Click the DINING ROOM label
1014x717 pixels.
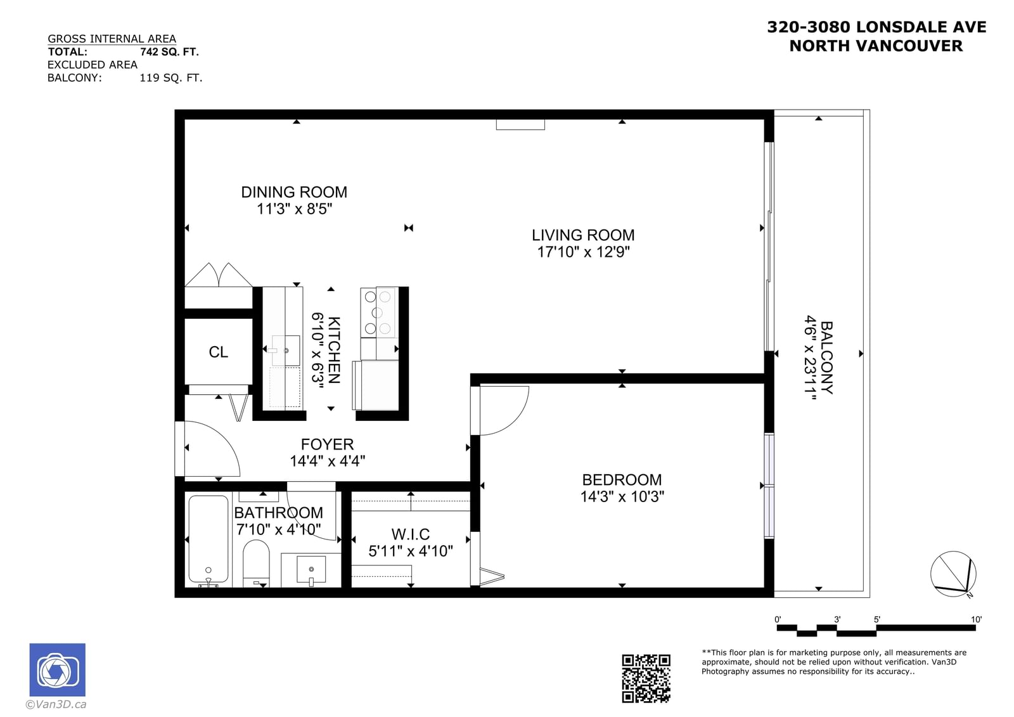point(294,192)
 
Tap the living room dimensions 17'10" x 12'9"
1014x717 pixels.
point(583,252)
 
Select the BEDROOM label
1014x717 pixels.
point(622,480)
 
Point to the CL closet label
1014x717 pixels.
point(218,352)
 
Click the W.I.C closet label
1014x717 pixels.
point(411,534)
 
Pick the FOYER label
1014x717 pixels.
point(327,444)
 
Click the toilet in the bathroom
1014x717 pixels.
point(256,563)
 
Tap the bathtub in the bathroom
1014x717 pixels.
point(209,539)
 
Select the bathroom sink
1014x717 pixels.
point(311,569)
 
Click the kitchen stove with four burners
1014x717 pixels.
point(378,312)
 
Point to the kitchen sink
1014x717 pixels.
point(286,350)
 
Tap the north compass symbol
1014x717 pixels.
point(953,574)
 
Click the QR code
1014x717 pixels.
point(646,678)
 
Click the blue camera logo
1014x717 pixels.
point(58,669)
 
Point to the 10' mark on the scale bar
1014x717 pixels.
point(976,619)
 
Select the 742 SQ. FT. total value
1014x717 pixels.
point(169,51)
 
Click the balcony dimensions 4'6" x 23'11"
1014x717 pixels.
point(811,358)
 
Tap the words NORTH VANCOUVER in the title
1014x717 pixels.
point(876,46)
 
